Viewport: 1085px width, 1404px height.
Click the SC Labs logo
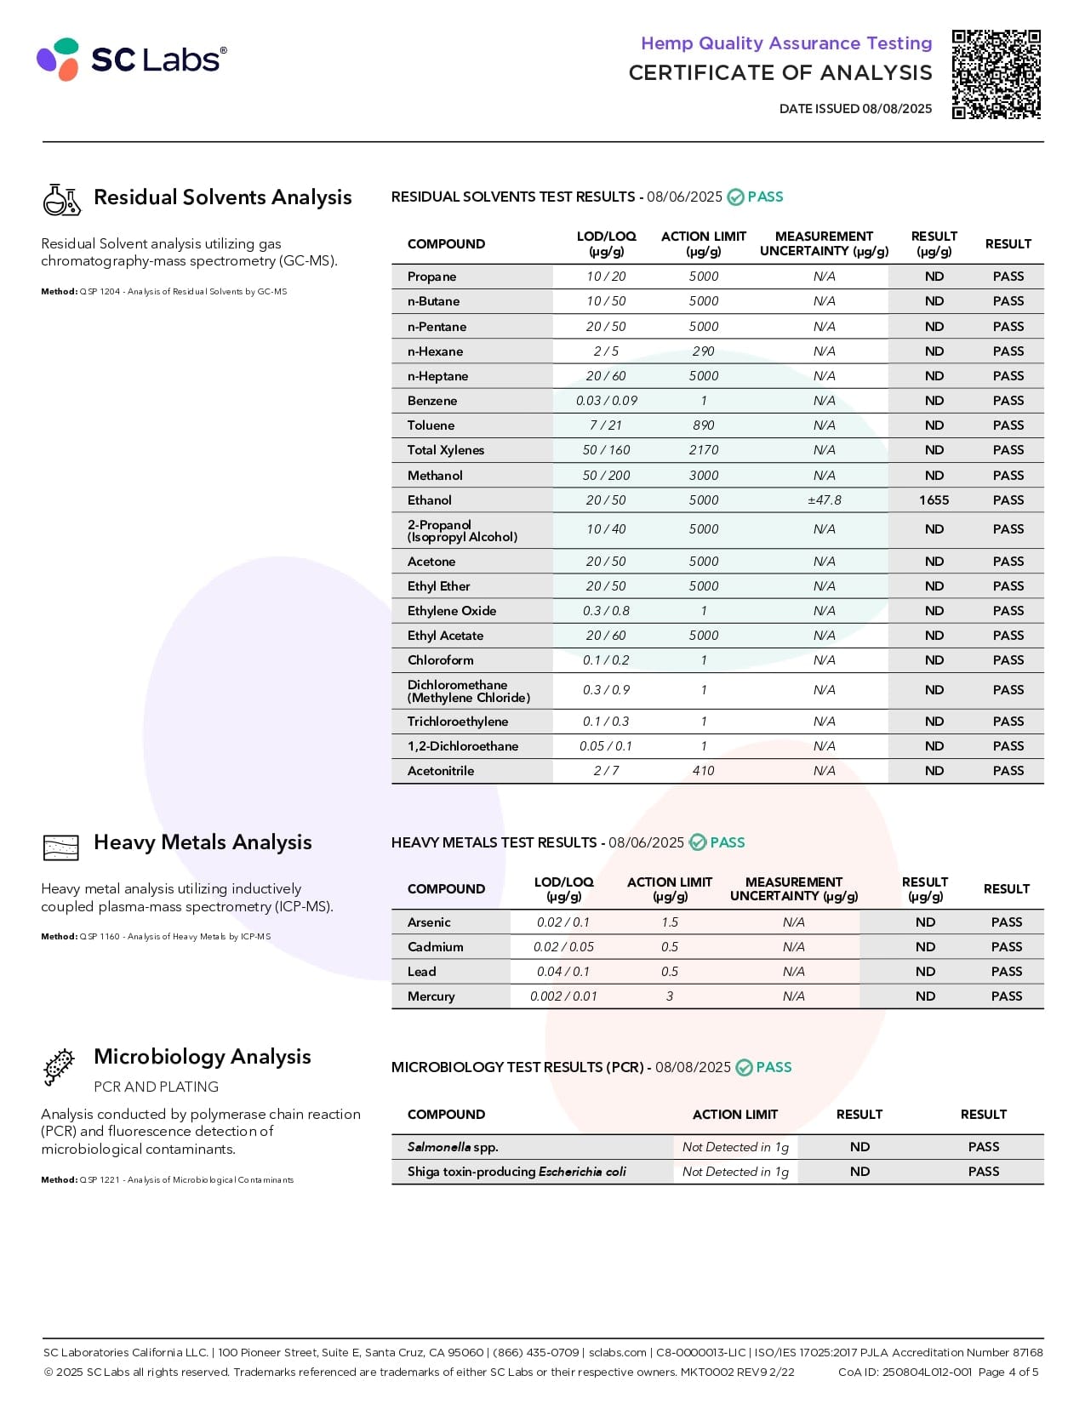tap(132, 59)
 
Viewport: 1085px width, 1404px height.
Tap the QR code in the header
tap(996, 74)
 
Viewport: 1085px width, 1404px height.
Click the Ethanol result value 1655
tap(934, 500)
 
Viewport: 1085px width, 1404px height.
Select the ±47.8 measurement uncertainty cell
tap(824, 500)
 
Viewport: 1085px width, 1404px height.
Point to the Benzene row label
tap(432, 401)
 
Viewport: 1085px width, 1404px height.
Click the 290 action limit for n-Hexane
tap(703, 351)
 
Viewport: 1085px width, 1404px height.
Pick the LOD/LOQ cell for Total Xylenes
tap(606, 450)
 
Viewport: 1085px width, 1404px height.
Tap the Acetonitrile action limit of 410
tap(703, 771)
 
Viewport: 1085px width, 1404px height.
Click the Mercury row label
tap(431, 996)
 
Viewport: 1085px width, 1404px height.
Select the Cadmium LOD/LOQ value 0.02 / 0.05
tap(563, 947)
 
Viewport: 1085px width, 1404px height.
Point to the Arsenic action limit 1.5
tap(670, 922)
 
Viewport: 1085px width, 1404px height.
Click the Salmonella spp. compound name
tap(453, 1147)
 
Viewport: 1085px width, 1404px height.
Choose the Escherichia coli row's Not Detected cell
tap(735, 1172)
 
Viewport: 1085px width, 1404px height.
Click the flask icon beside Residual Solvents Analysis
tap(61, 199)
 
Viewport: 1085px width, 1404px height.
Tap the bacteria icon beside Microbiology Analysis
tap(60, 1067)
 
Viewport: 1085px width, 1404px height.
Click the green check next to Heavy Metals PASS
tap(698, 842)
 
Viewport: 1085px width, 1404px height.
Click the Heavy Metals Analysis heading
tap(203, 842)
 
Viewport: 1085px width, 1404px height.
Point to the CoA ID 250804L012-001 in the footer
tap(927, 1372)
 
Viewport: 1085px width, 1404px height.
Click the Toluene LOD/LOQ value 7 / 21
tap(606, 425)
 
